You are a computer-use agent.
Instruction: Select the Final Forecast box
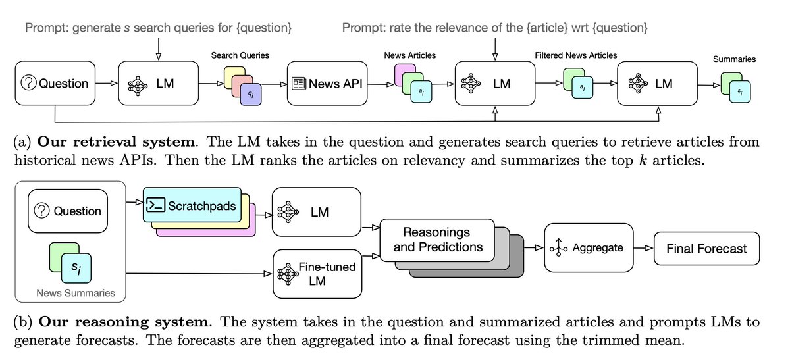pos(706,248)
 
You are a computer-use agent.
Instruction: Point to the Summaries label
pos(734,59)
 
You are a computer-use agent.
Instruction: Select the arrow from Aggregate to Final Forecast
pos(643,248)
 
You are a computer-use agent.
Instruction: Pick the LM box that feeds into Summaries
pos(656,83)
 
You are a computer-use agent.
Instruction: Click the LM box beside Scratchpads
pos(316,212)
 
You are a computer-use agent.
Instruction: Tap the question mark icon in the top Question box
pos(28,84)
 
